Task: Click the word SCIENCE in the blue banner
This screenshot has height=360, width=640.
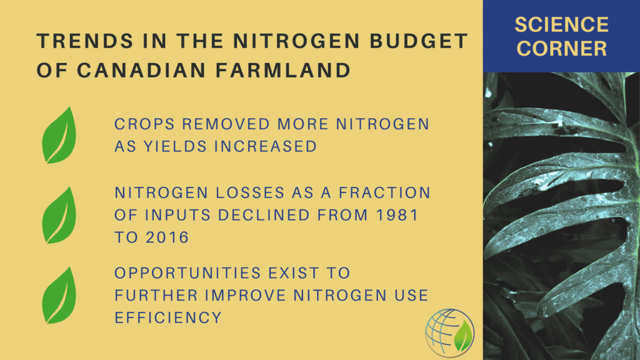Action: [x=562, y=25]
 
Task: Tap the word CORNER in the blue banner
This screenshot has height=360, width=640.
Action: [x=562, y=49]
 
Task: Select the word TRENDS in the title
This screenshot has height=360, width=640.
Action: [x=85, y=41]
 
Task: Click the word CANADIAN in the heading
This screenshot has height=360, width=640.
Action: [x=141, y=70]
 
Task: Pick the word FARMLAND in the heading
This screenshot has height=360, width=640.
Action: [x=283, y=70]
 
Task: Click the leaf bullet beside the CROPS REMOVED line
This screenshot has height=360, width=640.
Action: [x=59, y=135]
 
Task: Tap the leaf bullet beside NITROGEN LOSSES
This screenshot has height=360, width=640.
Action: [x=59, y=215]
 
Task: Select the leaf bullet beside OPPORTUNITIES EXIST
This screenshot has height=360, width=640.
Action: [x=59, y=295]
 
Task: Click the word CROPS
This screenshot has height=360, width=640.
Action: [x=144, y=124]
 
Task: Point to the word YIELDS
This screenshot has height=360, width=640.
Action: [x=175, y=146]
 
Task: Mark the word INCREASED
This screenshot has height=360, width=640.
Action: [x=266, y=146]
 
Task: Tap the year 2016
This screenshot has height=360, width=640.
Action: [x=167, y=237]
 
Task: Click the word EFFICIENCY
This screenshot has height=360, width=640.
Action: [x=168, y=317]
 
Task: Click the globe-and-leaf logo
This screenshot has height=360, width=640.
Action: [x=449, y=332]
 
